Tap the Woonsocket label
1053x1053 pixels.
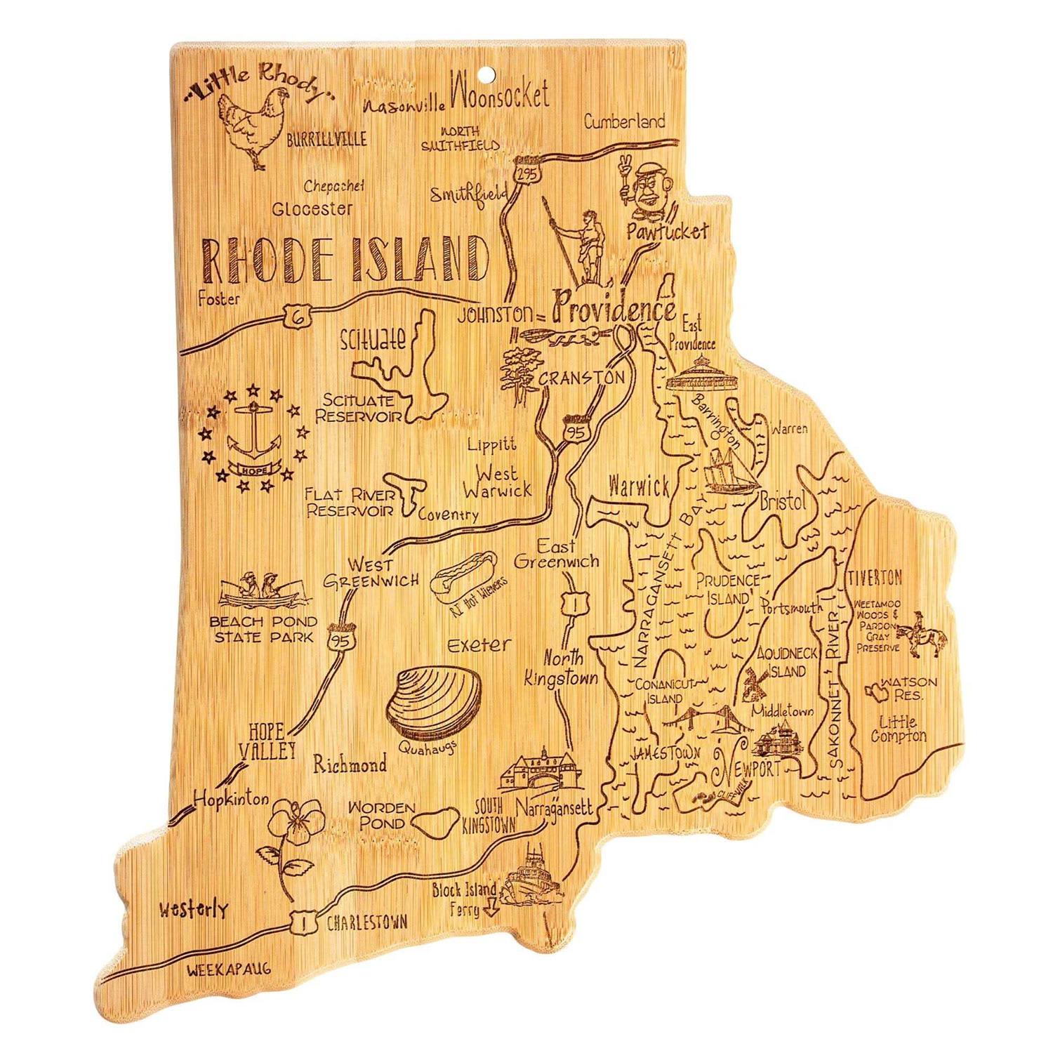[x=500, y=95]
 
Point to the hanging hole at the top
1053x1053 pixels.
[x=485, y=71]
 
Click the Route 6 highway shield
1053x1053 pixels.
[x=297, y=316]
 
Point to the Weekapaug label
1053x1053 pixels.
[x=229, y=969]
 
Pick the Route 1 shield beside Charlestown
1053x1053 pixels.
[x=302, y=923]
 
